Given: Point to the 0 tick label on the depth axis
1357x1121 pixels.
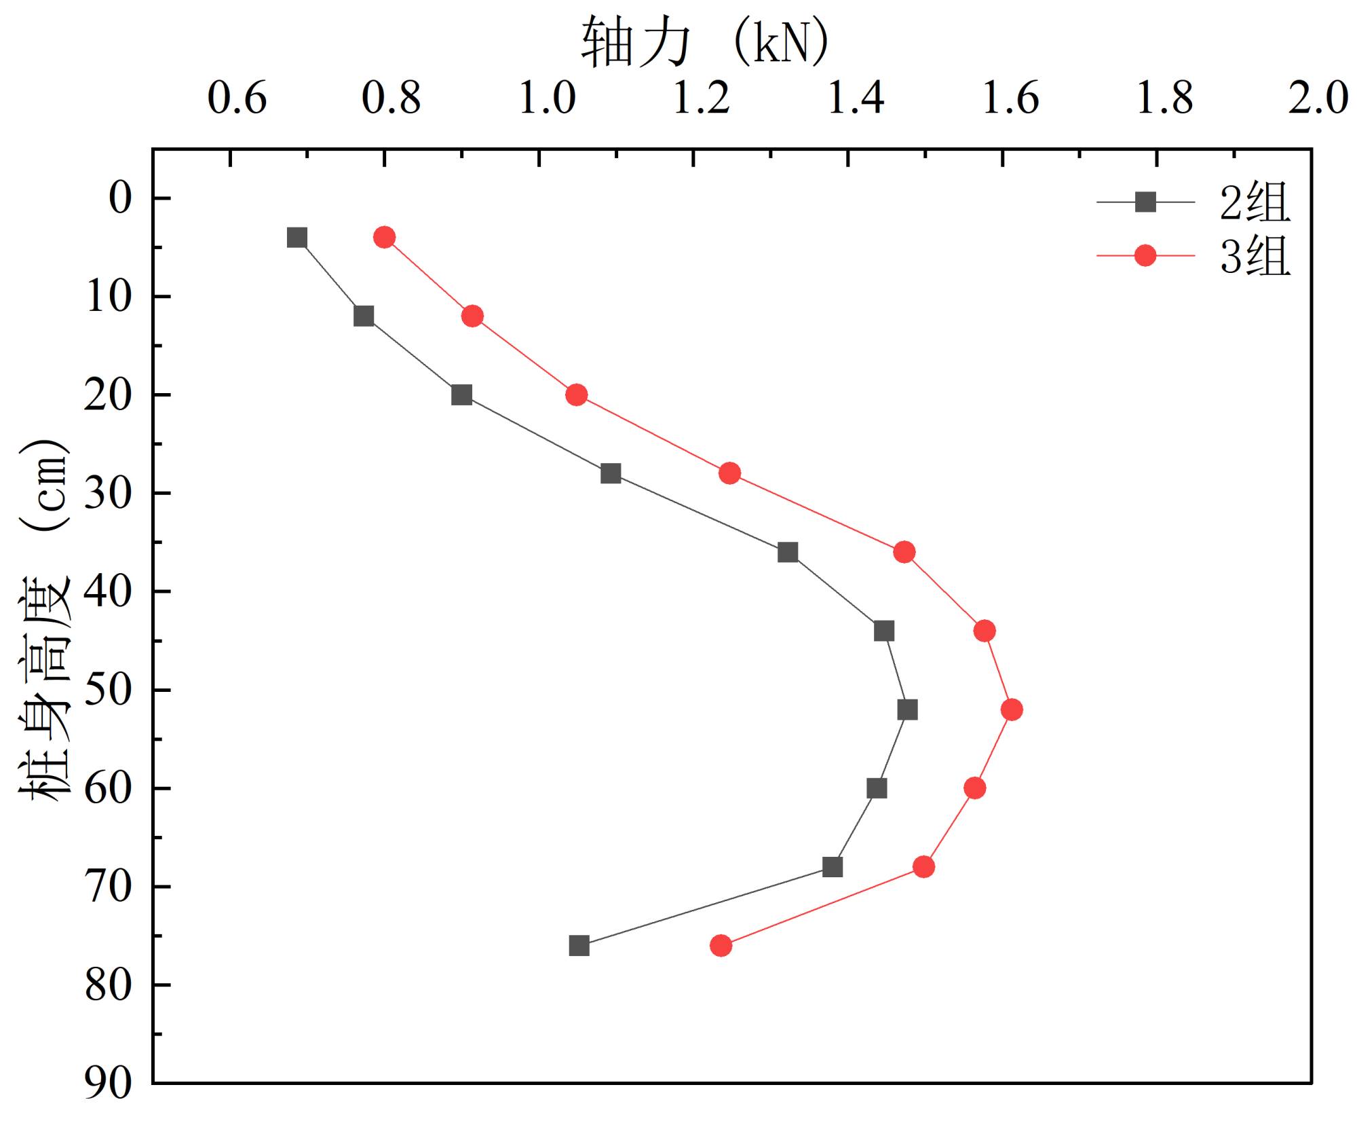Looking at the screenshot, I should pos(119,198).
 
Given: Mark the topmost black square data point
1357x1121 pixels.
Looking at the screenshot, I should pos(297,238).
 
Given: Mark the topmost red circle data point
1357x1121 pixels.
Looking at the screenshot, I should pos(384,237).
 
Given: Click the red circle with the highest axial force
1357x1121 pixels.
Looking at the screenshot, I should pos(1012,710).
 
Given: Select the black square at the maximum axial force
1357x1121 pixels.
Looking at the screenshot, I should pos(907,710).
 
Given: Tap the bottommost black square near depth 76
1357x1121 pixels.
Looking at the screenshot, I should pos(579,946).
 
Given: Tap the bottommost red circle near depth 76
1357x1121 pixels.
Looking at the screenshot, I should pos(721,946).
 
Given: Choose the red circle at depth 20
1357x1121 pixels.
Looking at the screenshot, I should pos(576,394).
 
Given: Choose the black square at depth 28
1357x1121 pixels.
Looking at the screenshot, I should pos(611,473).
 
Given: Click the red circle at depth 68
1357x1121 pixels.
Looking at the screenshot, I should pos(923,867).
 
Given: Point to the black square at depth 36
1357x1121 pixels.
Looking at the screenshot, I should pos(788,552).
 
